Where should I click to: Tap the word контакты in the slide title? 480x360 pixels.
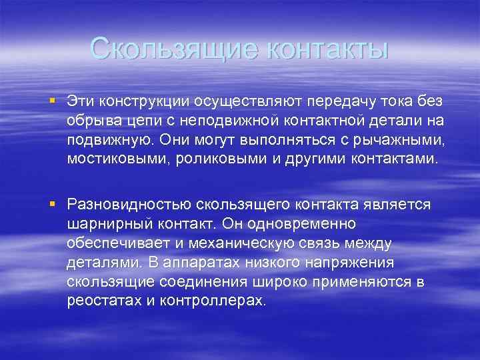pos(319,49)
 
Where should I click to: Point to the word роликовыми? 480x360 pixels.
pos(213,161)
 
